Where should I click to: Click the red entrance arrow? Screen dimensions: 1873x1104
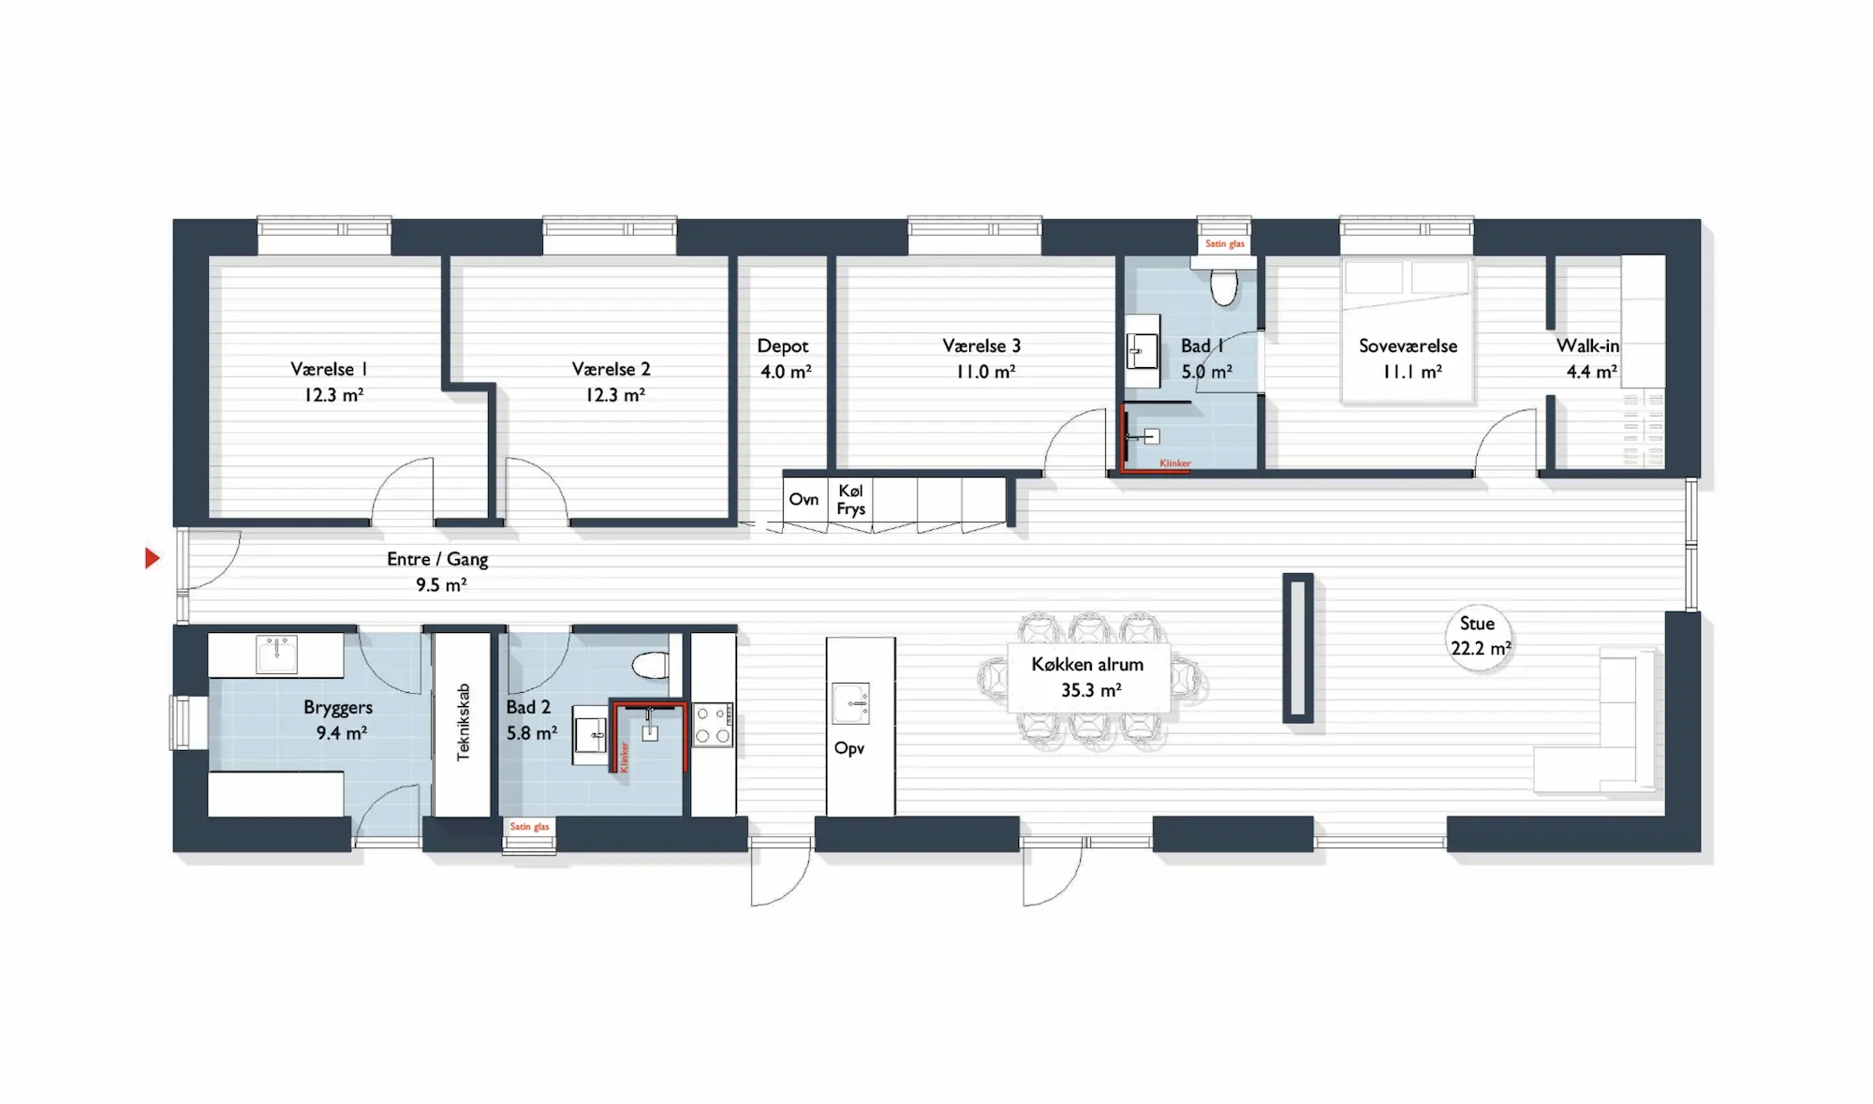(x=152, y=558)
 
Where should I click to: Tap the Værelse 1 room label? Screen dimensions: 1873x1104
(x=328, y=369)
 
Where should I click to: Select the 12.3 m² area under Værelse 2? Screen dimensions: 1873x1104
(x=615, y=395)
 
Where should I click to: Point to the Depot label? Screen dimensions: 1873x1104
(x=783, y=346)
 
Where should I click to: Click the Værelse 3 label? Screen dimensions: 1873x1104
(x=981, y=346)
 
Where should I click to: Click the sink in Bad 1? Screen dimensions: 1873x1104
(x=1143, y=353)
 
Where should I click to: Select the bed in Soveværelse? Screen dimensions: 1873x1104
(x=1407, y=331)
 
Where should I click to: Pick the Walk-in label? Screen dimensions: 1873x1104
(x=1587, y=346)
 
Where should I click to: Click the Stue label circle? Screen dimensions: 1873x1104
(x=1480, y=637)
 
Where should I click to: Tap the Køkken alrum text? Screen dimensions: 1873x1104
(x=1087, y=664)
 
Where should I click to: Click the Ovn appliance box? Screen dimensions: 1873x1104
(x=804, y=499)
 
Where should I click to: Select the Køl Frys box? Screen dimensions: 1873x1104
(x=850, y=500)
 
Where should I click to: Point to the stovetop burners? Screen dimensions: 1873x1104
(x=713, y=725)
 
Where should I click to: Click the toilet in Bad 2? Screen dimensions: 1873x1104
(x=651, y=665)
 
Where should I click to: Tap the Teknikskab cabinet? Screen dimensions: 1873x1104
(x=463, y=723)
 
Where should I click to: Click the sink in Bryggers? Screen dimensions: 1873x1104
(x=277, y=655)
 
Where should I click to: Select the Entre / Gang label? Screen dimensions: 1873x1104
(x=437, y=559)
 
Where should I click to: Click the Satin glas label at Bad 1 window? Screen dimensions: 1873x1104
(x=1225, y=244)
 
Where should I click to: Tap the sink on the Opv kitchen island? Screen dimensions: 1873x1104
(x=850, y=703)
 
